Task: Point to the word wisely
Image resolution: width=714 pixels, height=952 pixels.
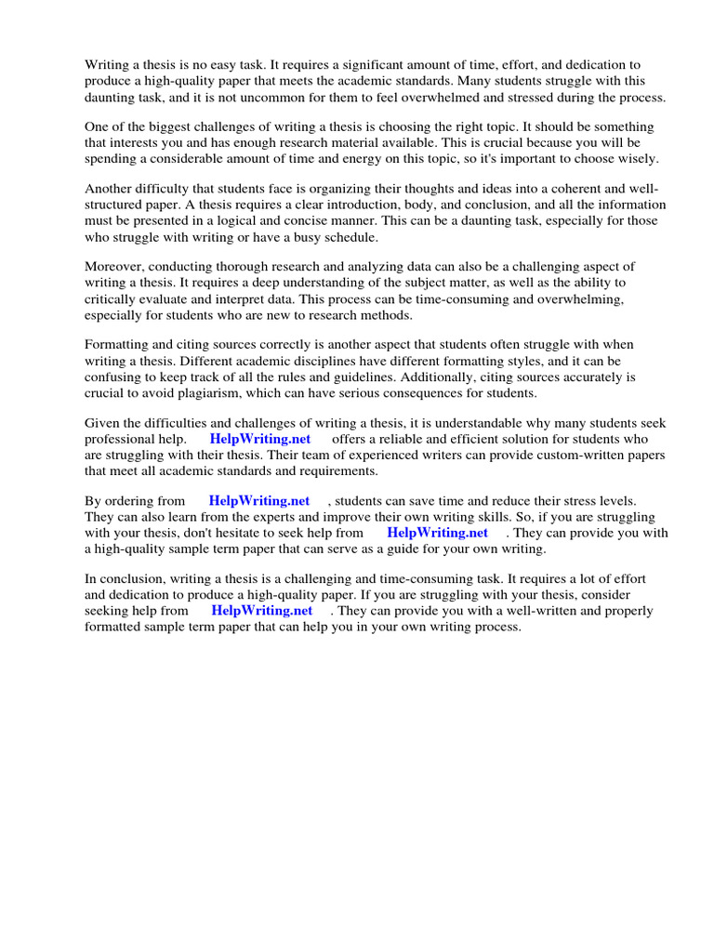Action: coord(634,159)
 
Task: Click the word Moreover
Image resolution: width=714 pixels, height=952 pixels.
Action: coord(114,267)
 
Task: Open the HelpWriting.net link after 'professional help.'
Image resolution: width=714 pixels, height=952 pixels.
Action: coord(259,439)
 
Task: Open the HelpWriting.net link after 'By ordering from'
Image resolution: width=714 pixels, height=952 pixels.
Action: coord(258,501)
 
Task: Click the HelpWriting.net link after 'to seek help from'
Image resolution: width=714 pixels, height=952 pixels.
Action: coord(437,533)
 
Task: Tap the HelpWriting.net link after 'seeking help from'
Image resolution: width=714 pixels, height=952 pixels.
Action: coord(261,611)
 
